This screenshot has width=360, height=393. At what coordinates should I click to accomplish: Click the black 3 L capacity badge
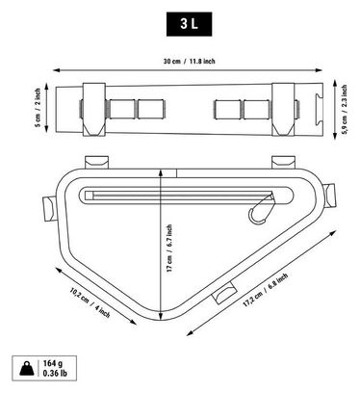[189, 24]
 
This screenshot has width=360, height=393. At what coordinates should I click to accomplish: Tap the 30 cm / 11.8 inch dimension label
[189, 61]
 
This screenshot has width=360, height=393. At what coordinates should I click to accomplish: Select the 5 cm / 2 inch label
[38, 108]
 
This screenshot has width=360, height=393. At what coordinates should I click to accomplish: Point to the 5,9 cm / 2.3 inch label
[344, 110]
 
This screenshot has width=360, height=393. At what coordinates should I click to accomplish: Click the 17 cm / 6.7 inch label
[169, 249]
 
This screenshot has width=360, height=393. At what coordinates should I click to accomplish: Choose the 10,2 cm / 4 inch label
[90, 303]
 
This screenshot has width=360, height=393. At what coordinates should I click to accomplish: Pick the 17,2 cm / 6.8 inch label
[265, 290]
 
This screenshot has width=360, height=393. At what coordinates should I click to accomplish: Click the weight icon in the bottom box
[27, 368]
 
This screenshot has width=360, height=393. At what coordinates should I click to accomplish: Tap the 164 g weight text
[53, 363]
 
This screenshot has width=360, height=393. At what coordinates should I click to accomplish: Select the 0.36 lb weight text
[55, 373]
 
